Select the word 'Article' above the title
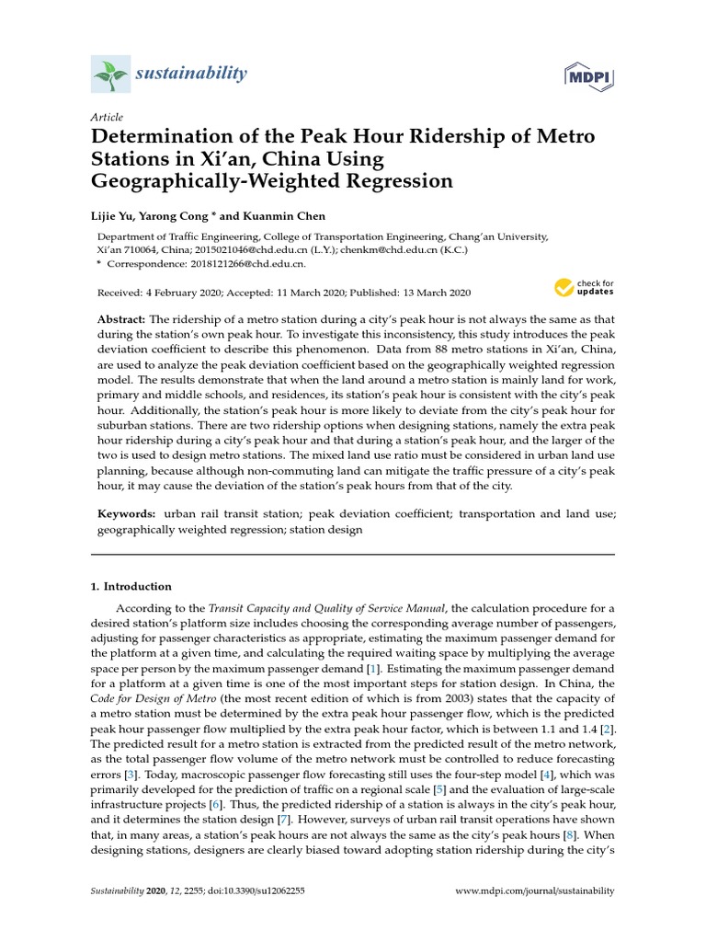[108, 119]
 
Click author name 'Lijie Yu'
[115, 213]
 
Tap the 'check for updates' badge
[584, 288]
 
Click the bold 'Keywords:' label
[127, 513]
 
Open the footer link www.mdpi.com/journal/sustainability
[535, 891]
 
